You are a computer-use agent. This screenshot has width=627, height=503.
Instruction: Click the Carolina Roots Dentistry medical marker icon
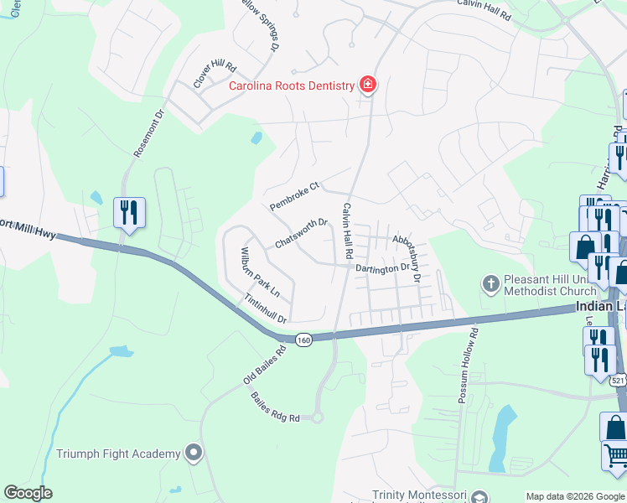367,85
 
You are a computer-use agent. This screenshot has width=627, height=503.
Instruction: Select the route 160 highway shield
303,340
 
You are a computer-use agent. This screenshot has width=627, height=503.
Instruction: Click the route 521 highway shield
618,381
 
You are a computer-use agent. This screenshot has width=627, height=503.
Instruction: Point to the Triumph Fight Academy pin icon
194,454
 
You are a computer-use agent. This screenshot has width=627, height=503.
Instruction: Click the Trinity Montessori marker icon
479,496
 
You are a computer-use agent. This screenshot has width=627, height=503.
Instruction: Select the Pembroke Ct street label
295,195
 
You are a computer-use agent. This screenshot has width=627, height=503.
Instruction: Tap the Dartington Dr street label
382,267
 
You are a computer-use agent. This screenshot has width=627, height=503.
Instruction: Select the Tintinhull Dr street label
266,309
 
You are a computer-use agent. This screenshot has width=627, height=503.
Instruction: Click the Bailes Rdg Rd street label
275,407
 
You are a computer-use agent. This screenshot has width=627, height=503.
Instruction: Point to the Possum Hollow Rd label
468,366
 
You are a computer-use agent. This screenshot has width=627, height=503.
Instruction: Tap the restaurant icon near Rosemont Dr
129,212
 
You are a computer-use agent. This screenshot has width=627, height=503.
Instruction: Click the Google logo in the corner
28,493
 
